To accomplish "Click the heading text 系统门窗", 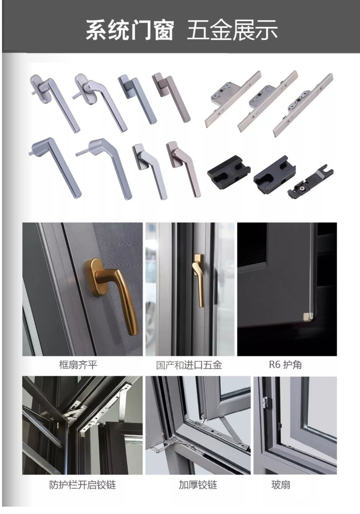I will [x=130, y=30].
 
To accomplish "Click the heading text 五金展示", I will [x=232, y=30].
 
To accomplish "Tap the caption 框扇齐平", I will [x=78, y=365].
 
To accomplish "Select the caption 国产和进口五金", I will [x=189, y=365].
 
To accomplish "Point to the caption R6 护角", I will [x=285, y=365].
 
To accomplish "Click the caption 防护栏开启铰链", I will [x=82, y=485].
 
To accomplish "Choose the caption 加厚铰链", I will [x=198, y=485].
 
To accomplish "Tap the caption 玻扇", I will [x=281, y=485].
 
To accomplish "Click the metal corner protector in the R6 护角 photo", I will [x=308, y=315].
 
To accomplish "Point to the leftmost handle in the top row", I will [x=55, y=102].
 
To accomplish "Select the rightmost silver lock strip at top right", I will [x=303, y=105].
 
